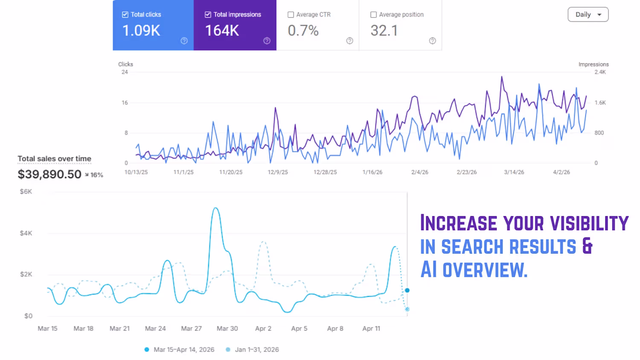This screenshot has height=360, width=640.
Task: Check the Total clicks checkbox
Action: click(x=125, y=15)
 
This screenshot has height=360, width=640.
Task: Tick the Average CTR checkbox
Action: click(x=291, y=15)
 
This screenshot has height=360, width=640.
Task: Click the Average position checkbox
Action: click(x=373, y=15)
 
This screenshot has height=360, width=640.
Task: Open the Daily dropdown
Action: click(x=588, y=15)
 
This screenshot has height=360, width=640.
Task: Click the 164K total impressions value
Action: click(x=222, y=31)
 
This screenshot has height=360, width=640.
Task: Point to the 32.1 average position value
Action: click(x=384, y=31)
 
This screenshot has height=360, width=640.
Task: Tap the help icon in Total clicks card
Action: click(x=184, y=41)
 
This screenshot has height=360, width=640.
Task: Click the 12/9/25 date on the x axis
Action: click(x=278, y=172)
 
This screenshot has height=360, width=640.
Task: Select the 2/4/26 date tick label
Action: click(x=419, y=172)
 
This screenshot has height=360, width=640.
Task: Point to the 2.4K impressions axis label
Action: click(x=600, y=72)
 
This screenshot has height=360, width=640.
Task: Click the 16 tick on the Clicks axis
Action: click(x=125, y=103)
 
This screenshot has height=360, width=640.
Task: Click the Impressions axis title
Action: click(x=593, y=64)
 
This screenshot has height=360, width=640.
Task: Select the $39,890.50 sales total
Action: click(x=49, y=174)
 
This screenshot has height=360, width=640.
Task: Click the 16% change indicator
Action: click(x=94, y=175)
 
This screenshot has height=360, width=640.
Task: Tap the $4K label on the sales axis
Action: click(x=26, y=233)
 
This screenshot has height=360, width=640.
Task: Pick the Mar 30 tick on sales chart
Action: click(x=227, y=328)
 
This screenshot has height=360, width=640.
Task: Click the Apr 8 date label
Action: click(x=335, y=328)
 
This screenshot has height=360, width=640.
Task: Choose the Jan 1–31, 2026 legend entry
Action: click(x=256, y=350)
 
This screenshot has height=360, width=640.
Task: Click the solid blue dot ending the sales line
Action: click(x=407, y=290)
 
